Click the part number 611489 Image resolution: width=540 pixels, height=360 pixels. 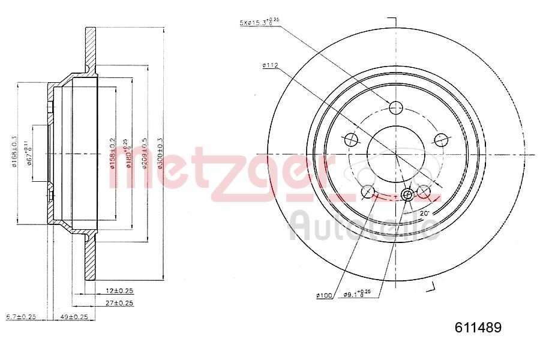coord(478,328)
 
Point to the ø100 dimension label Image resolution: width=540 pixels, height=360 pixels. coord(324,295)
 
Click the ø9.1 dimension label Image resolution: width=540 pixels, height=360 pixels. coord(358,294)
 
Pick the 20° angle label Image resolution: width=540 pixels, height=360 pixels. coord(424,213)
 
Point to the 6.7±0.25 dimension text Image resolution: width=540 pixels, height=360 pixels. coord(21,316)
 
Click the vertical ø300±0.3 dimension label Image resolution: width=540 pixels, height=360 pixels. coord(160,153)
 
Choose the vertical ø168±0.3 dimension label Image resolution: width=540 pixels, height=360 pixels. coord(13,153)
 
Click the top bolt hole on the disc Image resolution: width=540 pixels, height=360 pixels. coord(395,108)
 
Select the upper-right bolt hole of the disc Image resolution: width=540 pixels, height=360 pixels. coord(441,140)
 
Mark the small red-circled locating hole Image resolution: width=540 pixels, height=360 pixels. coord(407,194)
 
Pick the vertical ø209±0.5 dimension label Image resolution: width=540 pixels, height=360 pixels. coord(145,153)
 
